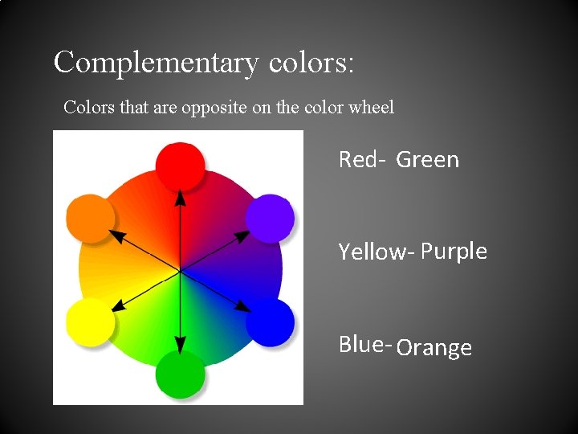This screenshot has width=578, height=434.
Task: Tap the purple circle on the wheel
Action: (x=269, y=218)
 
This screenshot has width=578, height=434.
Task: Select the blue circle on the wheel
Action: (x=269, y=322)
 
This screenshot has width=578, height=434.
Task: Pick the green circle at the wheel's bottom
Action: (x=180, y=374)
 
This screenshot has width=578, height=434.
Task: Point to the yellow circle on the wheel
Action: (x=90, y=322)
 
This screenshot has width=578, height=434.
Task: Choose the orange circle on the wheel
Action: (x=90, y=218)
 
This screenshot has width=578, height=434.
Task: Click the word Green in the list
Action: (x=428, y=160)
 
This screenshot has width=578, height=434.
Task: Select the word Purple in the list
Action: (x=454, y=252)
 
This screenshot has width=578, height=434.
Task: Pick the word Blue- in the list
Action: (x=364, y=344)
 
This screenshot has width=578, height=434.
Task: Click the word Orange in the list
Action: (x=434, y=348)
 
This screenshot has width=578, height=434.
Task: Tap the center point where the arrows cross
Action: (x=180, y=272)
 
